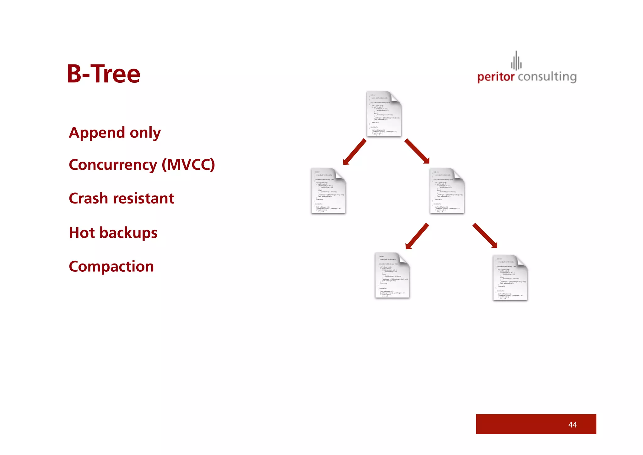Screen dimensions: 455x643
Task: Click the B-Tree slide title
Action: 103,74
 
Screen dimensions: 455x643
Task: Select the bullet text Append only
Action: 115,133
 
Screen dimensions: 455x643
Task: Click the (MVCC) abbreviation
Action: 188,164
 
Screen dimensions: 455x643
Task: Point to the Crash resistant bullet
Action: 121,198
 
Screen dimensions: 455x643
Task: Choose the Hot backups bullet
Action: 113,233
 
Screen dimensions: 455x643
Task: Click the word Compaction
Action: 111,266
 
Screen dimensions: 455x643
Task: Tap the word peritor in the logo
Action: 496,77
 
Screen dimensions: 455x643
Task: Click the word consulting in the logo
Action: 547,77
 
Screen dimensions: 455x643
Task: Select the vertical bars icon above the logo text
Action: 516,61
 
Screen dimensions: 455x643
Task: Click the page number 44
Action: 572,425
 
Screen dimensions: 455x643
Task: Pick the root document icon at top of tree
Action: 384,114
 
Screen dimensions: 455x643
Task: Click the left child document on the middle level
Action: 328,191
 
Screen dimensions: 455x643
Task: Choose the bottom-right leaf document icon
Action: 510,278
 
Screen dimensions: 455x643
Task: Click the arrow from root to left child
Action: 355,152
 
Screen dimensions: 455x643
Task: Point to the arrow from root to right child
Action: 417,151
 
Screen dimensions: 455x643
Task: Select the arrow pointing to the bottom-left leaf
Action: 417,236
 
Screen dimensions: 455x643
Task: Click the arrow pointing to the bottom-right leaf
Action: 485,236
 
